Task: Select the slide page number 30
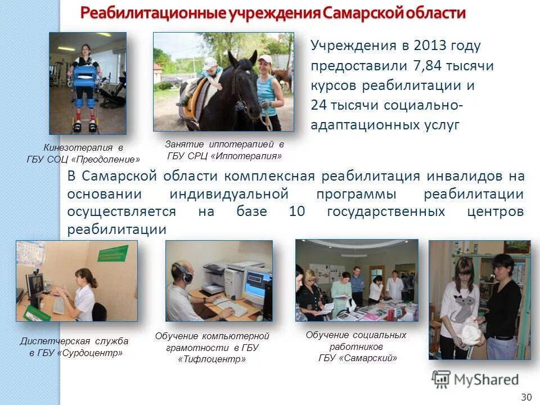(526, 397)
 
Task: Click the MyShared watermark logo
(475, 379)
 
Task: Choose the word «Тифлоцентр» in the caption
(212, 359)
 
